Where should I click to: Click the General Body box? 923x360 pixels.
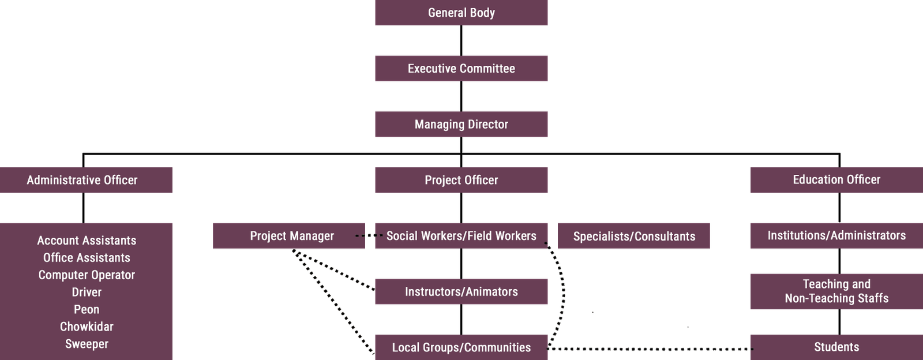(x=461, y=12)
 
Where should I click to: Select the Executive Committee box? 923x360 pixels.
(x=461, y=69)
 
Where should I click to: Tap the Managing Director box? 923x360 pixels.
(x=461, y=124)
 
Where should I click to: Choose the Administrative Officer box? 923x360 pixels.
(x=86, y=180)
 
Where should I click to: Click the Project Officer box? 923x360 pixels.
(x=461, y=180)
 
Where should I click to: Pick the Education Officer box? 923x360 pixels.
(x=836, y=180)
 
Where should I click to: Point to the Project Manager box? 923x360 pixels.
(x=289, y=235)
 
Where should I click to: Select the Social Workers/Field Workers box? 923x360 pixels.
(x=461, y=235)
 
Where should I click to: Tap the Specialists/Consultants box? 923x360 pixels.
(x=634, y=236)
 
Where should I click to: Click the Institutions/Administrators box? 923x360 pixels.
(x=836, y=235)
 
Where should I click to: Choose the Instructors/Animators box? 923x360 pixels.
(x=461, y=291)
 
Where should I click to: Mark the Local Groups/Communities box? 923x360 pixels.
(x=461, y=347)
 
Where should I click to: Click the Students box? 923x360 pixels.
(x=836, y=347)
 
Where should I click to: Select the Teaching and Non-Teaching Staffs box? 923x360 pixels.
(x=836, y=291)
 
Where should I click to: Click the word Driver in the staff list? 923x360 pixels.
(x=87, y=292)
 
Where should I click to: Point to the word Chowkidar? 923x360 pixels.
(x=87, y=327)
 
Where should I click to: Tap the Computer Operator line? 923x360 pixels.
(x=87, y=275)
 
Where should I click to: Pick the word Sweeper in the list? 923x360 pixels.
(x=87, y=344)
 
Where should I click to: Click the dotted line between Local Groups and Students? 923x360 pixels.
(x=650, y=349)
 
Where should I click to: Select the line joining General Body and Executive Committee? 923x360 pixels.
(x=461, y=40)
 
